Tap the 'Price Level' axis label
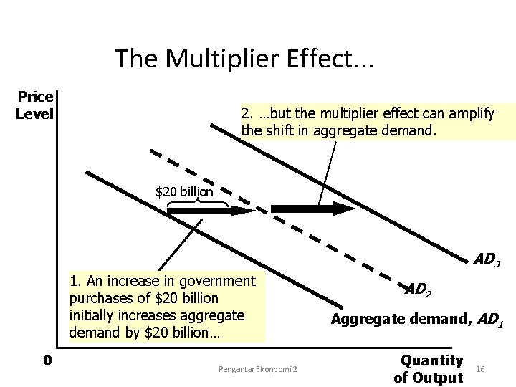tap(35, 105)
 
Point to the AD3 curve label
tap(487, 260)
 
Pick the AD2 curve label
tap(419, 289)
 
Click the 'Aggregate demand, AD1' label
tap(417, 320)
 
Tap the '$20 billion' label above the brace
tap(184, 191)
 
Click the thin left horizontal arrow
tap(211, 211)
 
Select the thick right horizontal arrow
tap(312, 209)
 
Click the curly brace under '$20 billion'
tap(197, 204)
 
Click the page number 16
tap(480, 368)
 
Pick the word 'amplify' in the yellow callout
tap(471, 113)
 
